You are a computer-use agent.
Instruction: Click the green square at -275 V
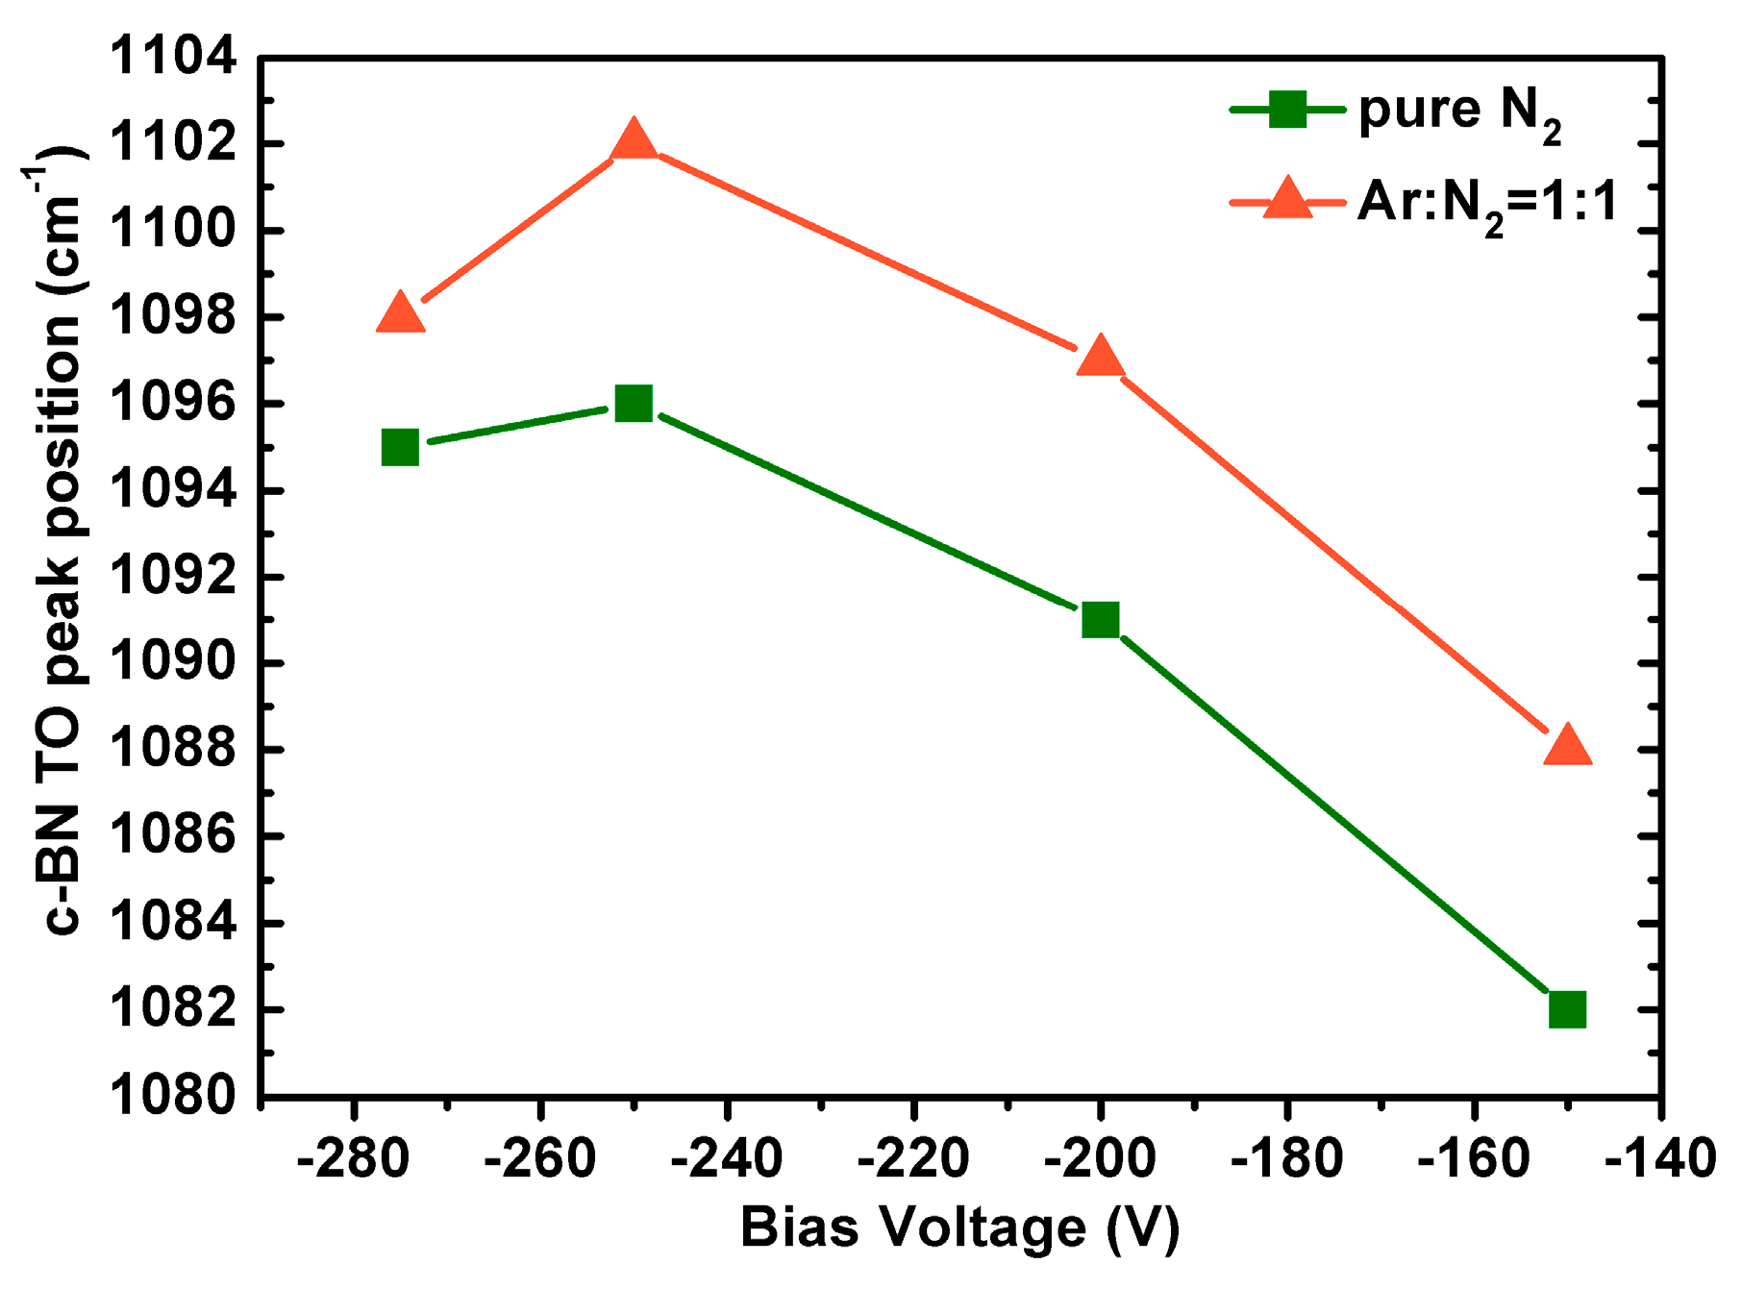tap(400, 447)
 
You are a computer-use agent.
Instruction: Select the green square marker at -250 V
tap(634, 404)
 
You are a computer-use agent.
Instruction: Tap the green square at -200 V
tap(1100, 620)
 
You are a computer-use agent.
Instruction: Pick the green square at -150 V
tap(1567, 1009)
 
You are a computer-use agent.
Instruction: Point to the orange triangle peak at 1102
tap(634, 140)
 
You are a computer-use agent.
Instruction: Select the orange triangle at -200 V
tap(1100, 358)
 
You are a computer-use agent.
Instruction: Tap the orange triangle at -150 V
tap(1567, 746)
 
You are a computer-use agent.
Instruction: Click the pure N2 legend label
tap(1459, 112)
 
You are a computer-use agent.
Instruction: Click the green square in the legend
tap(1287, 109)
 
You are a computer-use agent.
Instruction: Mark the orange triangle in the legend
tap(1287, 200)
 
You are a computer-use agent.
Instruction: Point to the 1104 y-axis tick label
tap(173, 57)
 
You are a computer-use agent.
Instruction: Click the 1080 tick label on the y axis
tap(173, 1096)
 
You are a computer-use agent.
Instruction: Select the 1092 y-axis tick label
tap(173, 577)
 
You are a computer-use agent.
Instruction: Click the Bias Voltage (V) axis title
tap(959, 1228)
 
